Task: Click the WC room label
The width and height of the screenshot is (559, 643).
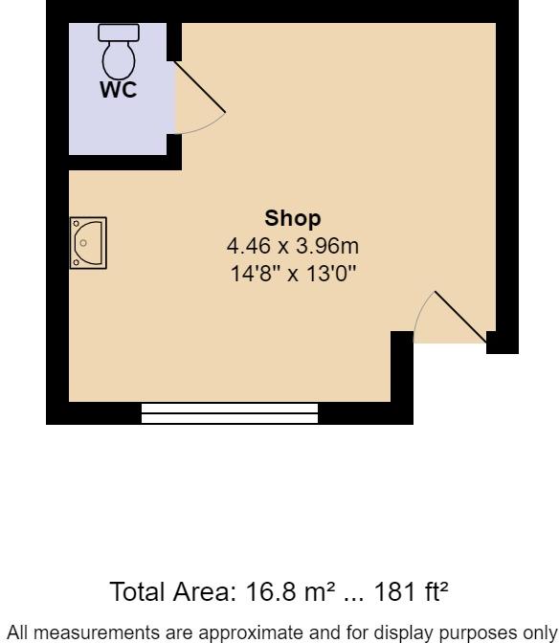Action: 119,91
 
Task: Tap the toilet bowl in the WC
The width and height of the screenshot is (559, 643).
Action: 119,59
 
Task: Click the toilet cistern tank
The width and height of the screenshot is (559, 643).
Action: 119,33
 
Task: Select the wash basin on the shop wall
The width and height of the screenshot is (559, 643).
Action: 88,243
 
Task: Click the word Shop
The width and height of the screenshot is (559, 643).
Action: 292,218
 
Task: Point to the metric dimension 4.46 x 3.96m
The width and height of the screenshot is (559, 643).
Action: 292,247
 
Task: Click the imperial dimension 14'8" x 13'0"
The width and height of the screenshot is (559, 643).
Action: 292,275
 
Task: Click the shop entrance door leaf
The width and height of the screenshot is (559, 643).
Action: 460,317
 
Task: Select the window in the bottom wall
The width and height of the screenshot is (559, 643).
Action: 230,413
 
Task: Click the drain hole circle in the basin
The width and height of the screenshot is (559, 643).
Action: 83,243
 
